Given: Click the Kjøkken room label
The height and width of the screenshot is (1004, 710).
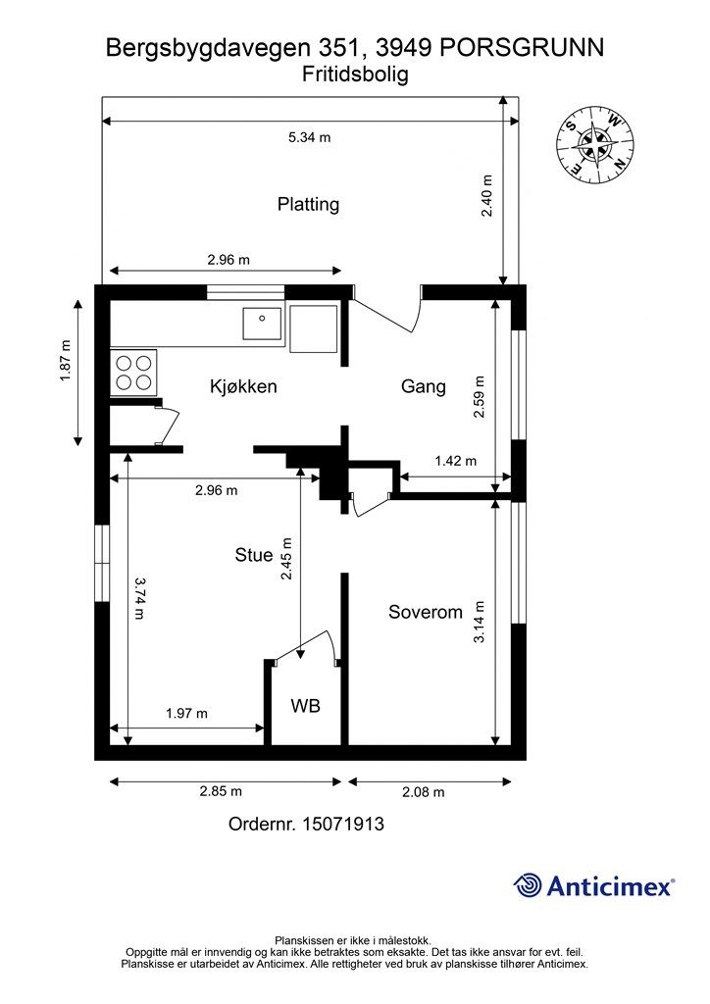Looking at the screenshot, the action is [x=243, y=386].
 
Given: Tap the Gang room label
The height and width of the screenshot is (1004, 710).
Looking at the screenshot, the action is [x=424, y=386].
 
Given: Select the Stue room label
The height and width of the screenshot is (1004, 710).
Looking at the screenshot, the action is [x=254, y=555].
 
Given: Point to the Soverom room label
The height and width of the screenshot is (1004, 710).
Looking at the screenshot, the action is [x=425, y=612].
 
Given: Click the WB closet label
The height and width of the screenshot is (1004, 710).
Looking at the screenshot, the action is [x=305, y=706].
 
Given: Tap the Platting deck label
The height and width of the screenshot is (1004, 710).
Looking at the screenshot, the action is [x=308, y=204].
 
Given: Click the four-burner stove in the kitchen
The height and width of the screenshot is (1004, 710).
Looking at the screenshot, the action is [x=133, y=372].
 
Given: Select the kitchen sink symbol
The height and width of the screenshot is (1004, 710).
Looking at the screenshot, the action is [x=262, y=324].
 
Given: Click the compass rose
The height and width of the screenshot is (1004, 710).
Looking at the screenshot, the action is [x=595, y=143].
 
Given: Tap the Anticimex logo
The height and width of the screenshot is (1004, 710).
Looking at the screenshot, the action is [x=593, y=885].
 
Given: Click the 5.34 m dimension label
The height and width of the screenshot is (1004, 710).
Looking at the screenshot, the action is [x=310, y=137].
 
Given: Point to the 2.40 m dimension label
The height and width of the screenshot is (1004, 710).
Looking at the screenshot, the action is [x=486, y=196].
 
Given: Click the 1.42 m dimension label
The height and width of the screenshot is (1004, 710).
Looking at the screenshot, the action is [x=455, y=461].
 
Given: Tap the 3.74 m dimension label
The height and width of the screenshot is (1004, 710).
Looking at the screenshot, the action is [x=139, y=598].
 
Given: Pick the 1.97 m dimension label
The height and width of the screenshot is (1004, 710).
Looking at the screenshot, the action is [x=186, y=714].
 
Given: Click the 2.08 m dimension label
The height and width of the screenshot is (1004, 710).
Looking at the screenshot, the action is [x=424, y=792].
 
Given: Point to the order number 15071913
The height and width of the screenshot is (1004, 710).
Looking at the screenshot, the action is [x=343, y=824].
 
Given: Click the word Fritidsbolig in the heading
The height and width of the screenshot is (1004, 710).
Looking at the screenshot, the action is [x=355, y=75].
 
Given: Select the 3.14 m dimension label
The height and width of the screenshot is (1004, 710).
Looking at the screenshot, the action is [x=479, y=622].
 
